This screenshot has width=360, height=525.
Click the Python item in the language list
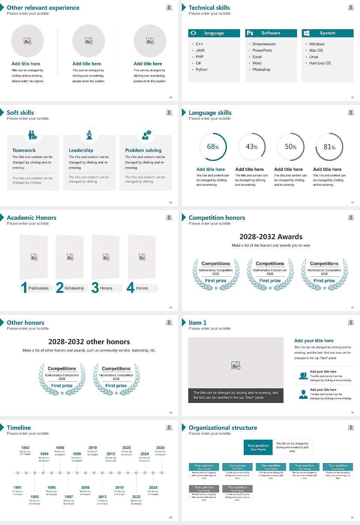pyautogui.click(x=201, y=70)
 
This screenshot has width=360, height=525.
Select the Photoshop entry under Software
pyautogui.click(x=261, y=70)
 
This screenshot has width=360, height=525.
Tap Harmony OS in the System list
pyautogui.click(x=320, y=63)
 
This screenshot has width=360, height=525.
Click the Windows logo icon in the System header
pyautogui.click(x=306, y=33)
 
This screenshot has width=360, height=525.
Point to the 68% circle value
pyautogui.click(x=213, y=147)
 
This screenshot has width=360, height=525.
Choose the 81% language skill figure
pyautogui.click(x=329, y=147)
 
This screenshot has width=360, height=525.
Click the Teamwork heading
pyautogui.click(x=24, y=150)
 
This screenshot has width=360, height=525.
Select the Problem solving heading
pyautogui.click(x=143, y=150)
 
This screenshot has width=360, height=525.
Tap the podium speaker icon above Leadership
pyautogui.click(x=89, y=135)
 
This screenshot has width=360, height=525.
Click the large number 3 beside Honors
pyautogui.click(x=95, y=288)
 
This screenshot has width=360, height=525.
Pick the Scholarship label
pyautogui.click(x=74, y=288)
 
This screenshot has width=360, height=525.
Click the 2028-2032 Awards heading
pyautogui.click(x=271, y=237)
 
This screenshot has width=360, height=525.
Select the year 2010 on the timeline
pyautogui.click(x=93, y=448)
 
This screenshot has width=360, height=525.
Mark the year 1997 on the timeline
pyautogui.click(x=69, y=497)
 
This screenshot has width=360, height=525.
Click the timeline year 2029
pyautogui.click(x=160, y=448)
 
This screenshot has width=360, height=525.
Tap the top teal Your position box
pyautogui.click(x=258, y=447)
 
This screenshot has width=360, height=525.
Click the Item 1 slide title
pyautogui.click(x=197, y=322)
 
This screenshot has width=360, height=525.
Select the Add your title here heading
pyautogui.click(x=314, y=341)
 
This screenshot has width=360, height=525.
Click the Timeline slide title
pyautogui.click(x=19, y=427)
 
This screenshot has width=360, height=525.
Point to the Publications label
pyautogui.click(x=39, y=288)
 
